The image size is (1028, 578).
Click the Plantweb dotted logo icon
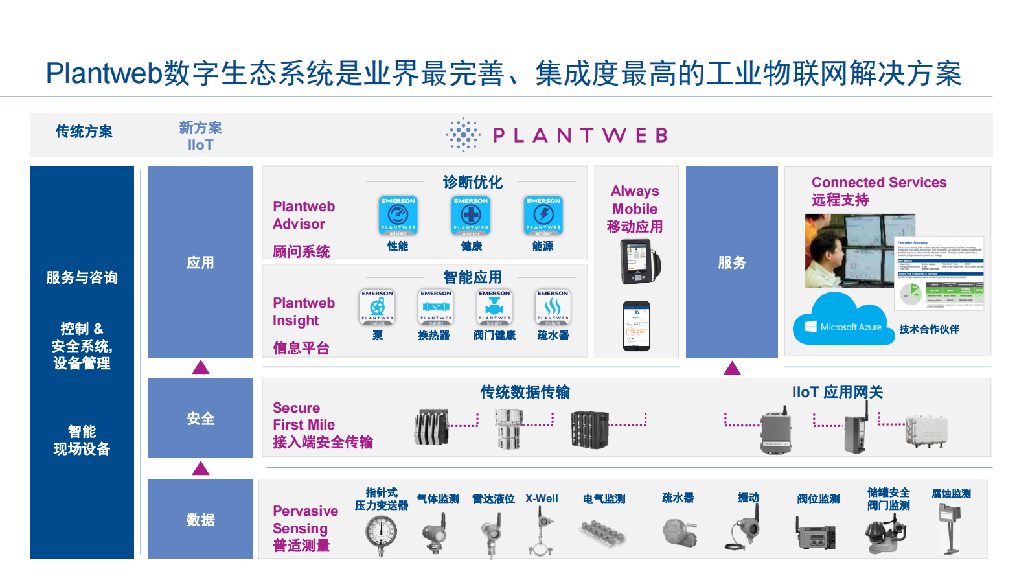point(463,135)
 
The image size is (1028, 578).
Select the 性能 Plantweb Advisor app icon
point(398,216)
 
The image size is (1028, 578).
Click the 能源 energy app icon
point(543,216)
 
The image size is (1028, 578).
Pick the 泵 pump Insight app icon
point(377,306)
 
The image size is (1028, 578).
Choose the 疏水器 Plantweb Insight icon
point(553,306)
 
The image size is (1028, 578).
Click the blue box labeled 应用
point(200,262)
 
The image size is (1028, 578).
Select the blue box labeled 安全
point(200,418)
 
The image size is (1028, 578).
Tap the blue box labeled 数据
point(200,519)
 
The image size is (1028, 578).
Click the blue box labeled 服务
point(731,262)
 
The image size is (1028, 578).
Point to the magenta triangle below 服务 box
point(732,369)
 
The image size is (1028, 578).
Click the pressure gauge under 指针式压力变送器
point(381,534)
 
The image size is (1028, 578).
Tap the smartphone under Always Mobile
point(636,326)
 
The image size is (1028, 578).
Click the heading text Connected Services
point(878,183)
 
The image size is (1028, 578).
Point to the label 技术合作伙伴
point(928,329)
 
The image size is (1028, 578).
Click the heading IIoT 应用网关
point(837,392)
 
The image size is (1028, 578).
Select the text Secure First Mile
point(304,416)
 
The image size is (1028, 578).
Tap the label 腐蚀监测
point(951,494)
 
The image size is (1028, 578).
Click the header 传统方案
point(84,132)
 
